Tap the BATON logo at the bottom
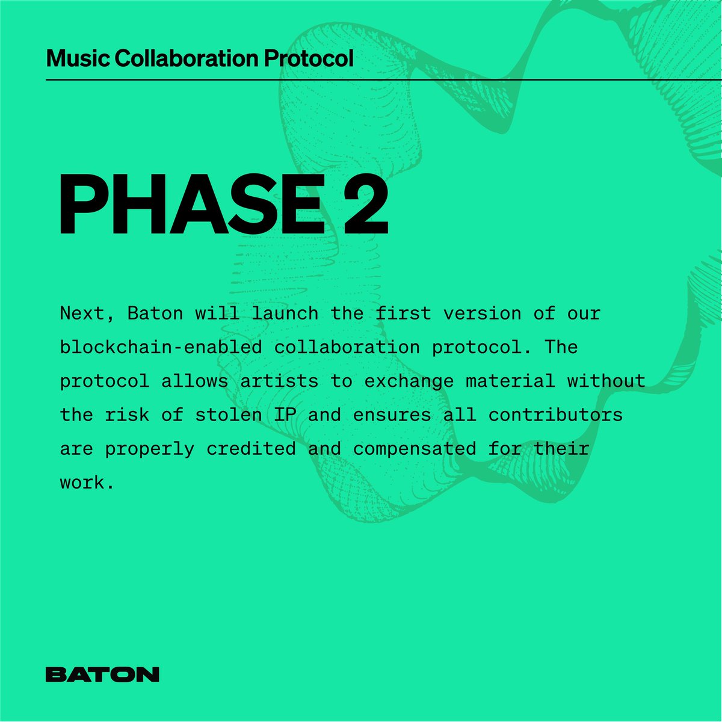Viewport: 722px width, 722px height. coord(102,674)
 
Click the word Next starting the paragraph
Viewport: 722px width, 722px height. coord(82,313)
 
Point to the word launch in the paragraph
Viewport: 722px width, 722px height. coord(285,313)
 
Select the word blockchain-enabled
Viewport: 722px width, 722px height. coord(161,347)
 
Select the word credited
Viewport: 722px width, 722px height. coord(251,448)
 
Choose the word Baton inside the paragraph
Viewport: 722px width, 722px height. coord(155,313)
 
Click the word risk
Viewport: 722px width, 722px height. coord(128,415)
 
